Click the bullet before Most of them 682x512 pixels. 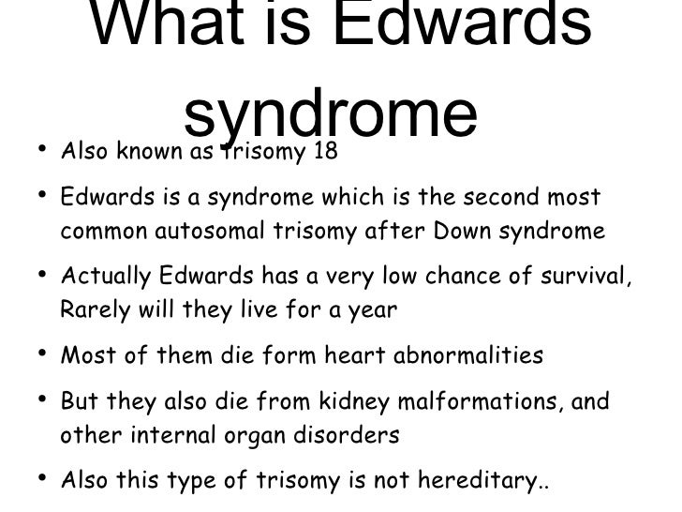click(42, 355)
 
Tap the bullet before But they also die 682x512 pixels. click(42, 401)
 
